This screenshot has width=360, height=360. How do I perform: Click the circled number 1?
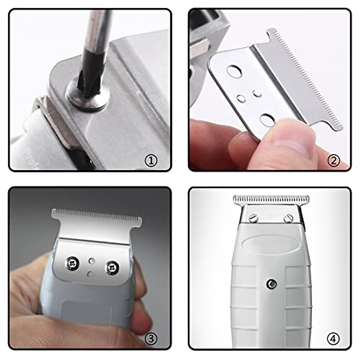coord(151,161)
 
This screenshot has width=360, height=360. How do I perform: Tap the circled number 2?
coord(334,161)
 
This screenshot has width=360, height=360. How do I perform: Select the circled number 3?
coord(151,339)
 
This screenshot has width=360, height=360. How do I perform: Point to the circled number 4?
coord(333,339)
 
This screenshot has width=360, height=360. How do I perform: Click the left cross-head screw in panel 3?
coord(72,263)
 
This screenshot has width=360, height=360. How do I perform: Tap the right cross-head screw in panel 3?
coord(112,266)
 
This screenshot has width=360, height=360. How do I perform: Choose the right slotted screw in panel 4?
coord(288,218)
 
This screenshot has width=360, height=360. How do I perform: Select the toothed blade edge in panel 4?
coord(271,199)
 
